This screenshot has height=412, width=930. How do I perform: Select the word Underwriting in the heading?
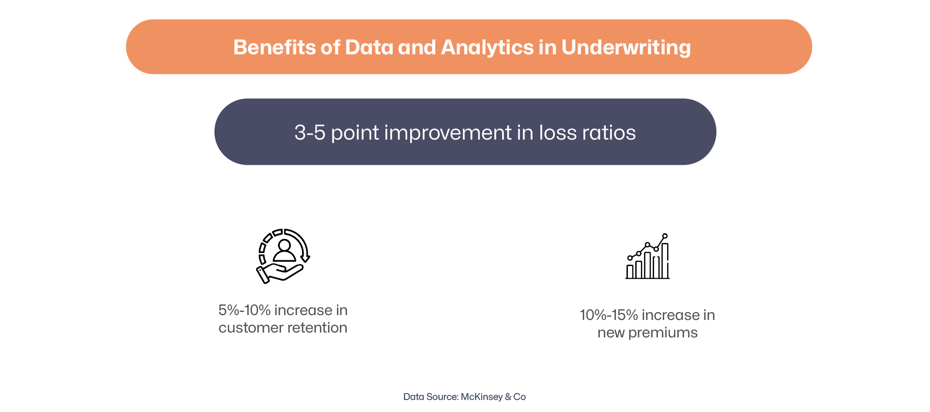point(626,48)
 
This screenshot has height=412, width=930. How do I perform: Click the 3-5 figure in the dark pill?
point(310,133)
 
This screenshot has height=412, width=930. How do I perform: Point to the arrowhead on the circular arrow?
point(305,258)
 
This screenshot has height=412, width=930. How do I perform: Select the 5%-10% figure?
point(244,310)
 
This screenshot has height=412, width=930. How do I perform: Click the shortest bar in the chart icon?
point(630,271)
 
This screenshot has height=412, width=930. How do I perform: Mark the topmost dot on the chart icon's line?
point(665,236)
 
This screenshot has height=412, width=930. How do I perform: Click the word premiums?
point(663,333)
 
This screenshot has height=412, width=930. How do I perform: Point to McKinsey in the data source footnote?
point(482,397)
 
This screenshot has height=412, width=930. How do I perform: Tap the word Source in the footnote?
point(442,397)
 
